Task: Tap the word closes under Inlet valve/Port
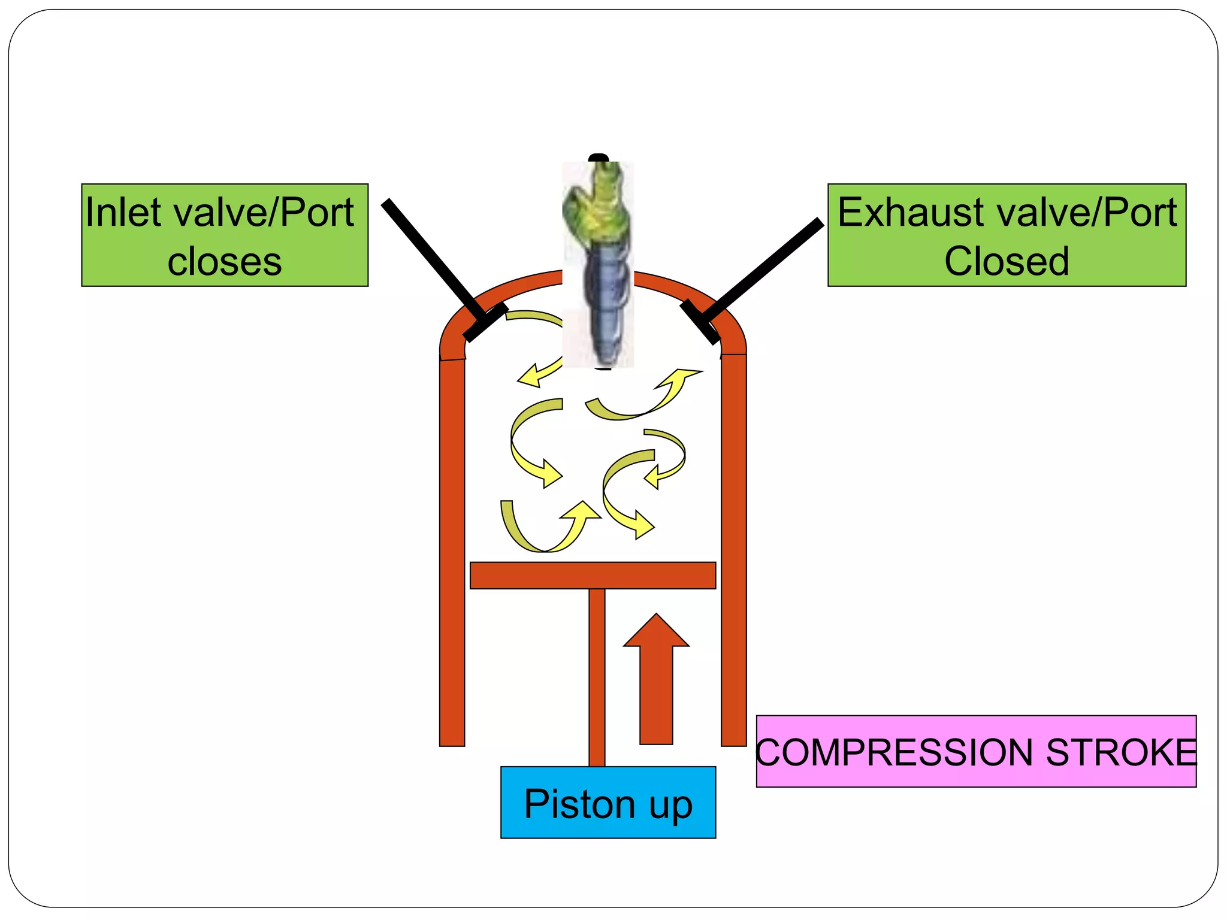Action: [x=224, y=262]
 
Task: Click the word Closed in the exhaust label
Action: [x=1007, y=262]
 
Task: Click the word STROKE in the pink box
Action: [x=1120, y=752]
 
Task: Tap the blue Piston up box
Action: [x=608, y=803]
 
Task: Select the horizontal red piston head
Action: [x=593, y=575]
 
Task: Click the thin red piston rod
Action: [x=597, y=677]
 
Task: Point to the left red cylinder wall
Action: [x=452, y=551]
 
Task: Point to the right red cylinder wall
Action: [x=733, y=551]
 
